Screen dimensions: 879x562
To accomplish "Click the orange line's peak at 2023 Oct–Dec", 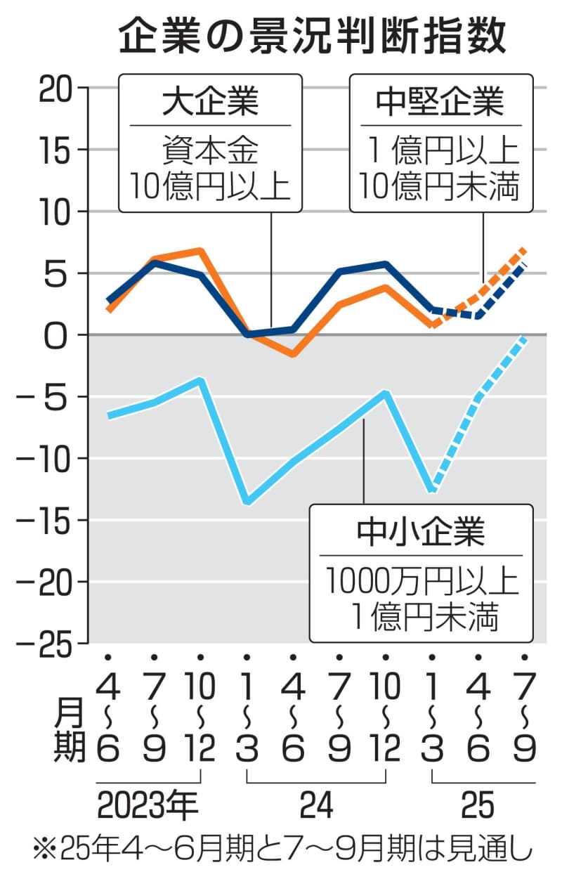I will tap(200, 251).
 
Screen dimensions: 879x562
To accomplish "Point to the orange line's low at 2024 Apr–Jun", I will tap(293, 354).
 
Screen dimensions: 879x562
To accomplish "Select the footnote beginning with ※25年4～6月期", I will tap(281, 852).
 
